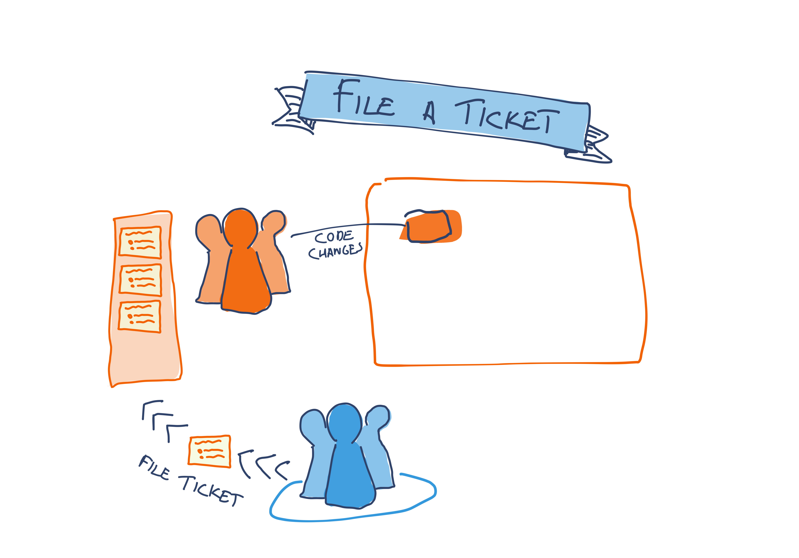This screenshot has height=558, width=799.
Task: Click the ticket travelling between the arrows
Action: [x=209, y=451]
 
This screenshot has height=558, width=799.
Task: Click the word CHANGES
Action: [x=335, y=251]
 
